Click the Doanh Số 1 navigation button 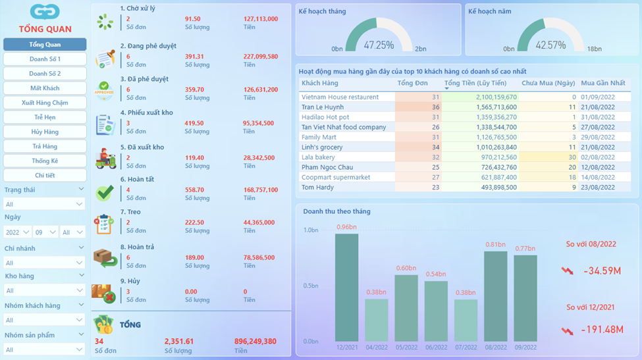[45, 59]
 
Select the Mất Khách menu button [45, 88]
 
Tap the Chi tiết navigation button [45, 175]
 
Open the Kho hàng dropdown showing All [44, 290]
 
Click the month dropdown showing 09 [45, 232]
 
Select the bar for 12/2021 [346, 288]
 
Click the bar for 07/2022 [466, 321]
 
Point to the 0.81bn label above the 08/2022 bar [495, 245]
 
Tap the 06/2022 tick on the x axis [436, 347]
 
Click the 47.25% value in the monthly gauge [379, 45]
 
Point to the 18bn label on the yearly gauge [595, 49]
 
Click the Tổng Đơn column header [412, 83]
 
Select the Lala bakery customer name [318, 157]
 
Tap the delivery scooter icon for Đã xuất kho [105, 159]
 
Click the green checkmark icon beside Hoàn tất [105, 193]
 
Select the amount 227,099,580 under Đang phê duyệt [260, 57]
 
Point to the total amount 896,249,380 [255, 341]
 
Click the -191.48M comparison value [602, 330]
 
